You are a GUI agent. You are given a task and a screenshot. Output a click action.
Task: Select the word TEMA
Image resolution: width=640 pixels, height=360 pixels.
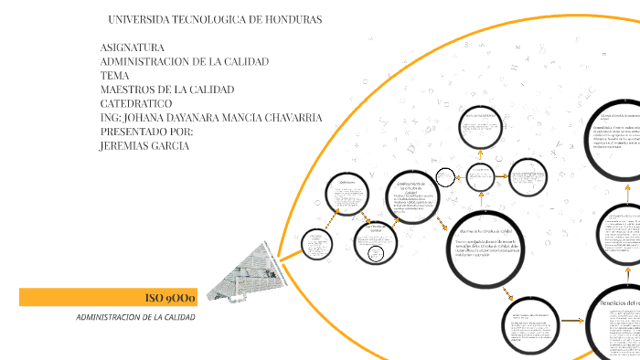click(x=114, y=76)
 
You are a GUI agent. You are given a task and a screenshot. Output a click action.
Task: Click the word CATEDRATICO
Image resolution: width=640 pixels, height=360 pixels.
click(x=135, y=103)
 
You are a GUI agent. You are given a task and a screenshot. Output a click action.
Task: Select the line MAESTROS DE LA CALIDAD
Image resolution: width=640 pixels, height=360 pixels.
click(x=167, y=90)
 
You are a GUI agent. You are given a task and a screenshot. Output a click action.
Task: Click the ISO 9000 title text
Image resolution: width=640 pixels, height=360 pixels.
click(x=165, y=298)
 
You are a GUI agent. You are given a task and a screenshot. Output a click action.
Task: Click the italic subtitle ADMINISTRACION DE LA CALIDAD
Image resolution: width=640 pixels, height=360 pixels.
click(x=135, y=318)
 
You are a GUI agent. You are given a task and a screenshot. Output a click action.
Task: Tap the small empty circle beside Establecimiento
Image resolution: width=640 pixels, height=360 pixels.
click(x=445, y=176)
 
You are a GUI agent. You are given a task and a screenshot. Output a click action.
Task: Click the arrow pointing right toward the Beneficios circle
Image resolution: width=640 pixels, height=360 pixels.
click(x=572, y=321)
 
